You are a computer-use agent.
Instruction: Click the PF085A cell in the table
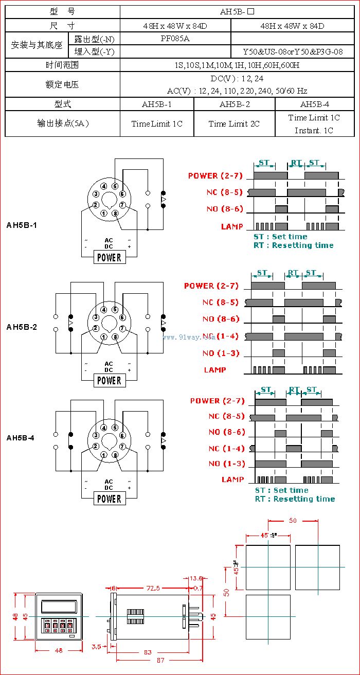175,39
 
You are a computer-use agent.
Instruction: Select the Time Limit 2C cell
234,123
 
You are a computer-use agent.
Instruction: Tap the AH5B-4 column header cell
314,104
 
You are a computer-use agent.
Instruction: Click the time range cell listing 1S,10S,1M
237,65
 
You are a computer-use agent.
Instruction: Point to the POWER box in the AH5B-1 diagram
110,257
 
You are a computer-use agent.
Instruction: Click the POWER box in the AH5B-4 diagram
110,499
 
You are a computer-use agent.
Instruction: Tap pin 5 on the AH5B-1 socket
115,186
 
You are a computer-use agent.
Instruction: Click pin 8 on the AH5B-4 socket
115,455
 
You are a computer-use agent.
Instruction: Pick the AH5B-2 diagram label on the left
22,327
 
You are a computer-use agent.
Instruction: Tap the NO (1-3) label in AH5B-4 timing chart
227,464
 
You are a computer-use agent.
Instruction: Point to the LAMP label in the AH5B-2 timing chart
215,369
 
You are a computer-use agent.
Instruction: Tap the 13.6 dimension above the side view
196,578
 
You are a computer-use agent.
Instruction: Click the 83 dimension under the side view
148,652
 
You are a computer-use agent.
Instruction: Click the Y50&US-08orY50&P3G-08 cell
293,52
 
